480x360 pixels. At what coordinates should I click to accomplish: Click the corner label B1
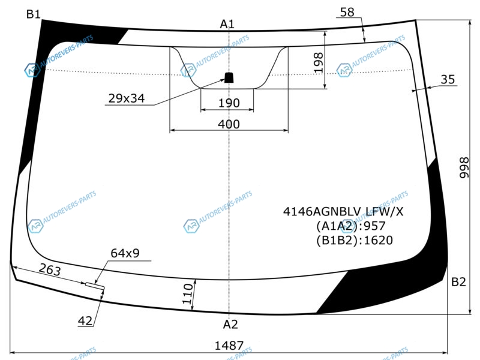[34, 14]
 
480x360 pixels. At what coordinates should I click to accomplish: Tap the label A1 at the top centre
[227, 24]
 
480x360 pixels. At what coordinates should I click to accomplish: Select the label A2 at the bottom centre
[230, 324]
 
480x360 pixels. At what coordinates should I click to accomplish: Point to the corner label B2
[458, 281]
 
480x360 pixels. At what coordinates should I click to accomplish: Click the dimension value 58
[347, 12]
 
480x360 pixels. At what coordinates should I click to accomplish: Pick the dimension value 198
[319, 62]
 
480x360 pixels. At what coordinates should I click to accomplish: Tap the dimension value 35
[448, 79]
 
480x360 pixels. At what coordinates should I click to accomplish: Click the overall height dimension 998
[464, 167]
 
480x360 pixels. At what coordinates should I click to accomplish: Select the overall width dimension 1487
[229, 346]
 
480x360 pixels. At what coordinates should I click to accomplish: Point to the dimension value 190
[229, 103]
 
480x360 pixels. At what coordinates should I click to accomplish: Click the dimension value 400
[229, 124]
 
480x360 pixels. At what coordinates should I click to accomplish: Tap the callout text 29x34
[127, 98]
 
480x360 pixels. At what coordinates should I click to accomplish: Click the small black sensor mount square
[229, 77]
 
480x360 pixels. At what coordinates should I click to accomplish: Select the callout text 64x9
[125, 253]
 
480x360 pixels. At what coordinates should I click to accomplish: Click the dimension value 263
[50, 269]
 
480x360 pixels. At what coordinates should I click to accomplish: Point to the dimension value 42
[85, 321]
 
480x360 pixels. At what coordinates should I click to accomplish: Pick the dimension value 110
[188, 294]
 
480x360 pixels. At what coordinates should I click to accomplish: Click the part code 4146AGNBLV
[323, 212]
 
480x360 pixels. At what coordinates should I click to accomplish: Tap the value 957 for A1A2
[374, 226]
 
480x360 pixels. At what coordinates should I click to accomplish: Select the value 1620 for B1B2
[379, 241]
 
